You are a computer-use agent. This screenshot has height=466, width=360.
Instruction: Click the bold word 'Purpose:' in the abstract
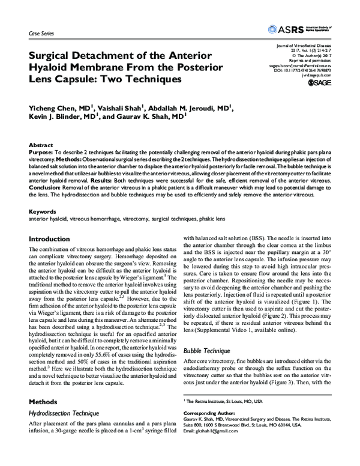tap(41, 154)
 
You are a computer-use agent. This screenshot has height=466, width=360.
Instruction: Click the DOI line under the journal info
tap(305, 70)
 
